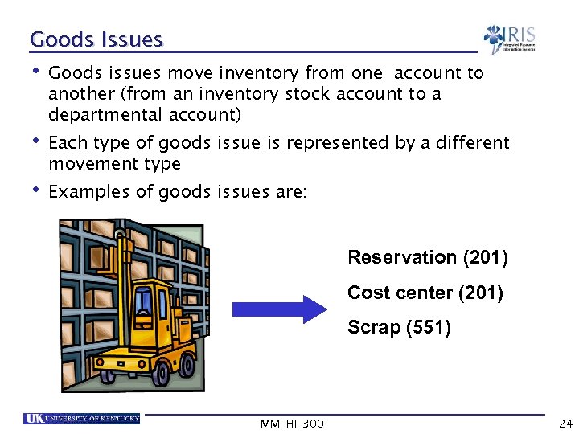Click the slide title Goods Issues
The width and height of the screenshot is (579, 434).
[96, 39]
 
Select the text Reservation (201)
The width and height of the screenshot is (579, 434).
[427, 258]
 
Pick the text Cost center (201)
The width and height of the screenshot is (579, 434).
[425, 293]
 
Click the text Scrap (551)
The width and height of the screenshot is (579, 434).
[399, 328]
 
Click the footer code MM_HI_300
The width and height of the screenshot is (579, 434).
[293, 423]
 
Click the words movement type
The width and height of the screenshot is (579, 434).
[114, 164]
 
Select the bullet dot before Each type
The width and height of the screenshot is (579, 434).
[35, 141]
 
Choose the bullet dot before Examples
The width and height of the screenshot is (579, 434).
[35, 190]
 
